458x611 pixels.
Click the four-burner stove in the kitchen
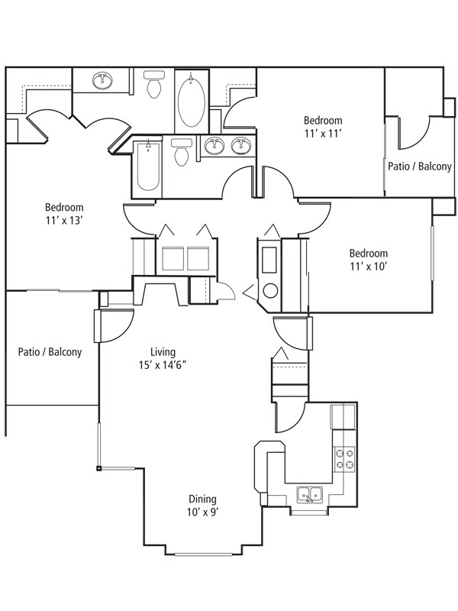click(x=345, y=459)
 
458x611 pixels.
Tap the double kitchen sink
click(x=310, y=495)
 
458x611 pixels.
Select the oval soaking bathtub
click(x=192, y=101)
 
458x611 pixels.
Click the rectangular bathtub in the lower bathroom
click(x=148, y=166)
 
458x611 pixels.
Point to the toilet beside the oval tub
click(x=154, y=84)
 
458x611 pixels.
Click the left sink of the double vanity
click(x=214, y=146)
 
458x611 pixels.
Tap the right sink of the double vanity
click(x=240, y=146)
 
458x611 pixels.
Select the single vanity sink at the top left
click(x=103, y=81)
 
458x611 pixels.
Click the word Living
click(x=163, y=352)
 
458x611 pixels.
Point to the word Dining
click(x=202, y=499)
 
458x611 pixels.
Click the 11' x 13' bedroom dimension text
click(x=65, y=221)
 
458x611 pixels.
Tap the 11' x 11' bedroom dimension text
click(x=323, y=134)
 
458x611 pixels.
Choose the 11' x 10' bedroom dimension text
click(x=368, y=267)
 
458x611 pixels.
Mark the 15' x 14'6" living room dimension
click(x=163, y=365)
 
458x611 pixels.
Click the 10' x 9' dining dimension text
click(x=202, y=512)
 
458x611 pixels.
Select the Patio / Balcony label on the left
click(x=50, y=352)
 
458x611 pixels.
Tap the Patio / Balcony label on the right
click(x=419, y=166)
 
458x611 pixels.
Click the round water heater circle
click(x=270, y=291)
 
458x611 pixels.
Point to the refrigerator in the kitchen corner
click(x=343, y=417)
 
